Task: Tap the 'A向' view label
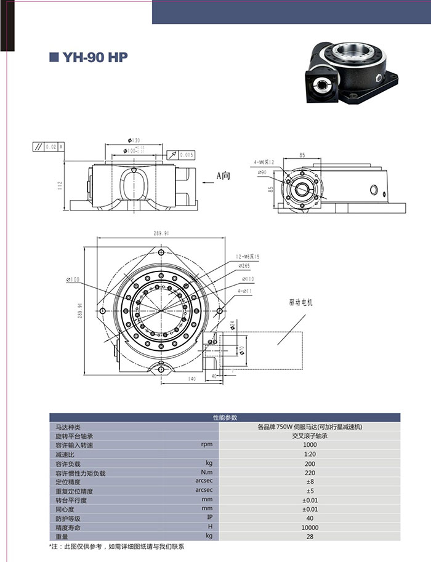click(222, 175)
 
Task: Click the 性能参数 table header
click(224, 417)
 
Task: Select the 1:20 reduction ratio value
click(310, 454)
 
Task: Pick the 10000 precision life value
click(310, 528)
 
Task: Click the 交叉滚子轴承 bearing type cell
click(310, 436)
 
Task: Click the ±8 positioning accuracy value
click(310, 481)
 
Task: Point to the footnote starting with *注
click(116, 547)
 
